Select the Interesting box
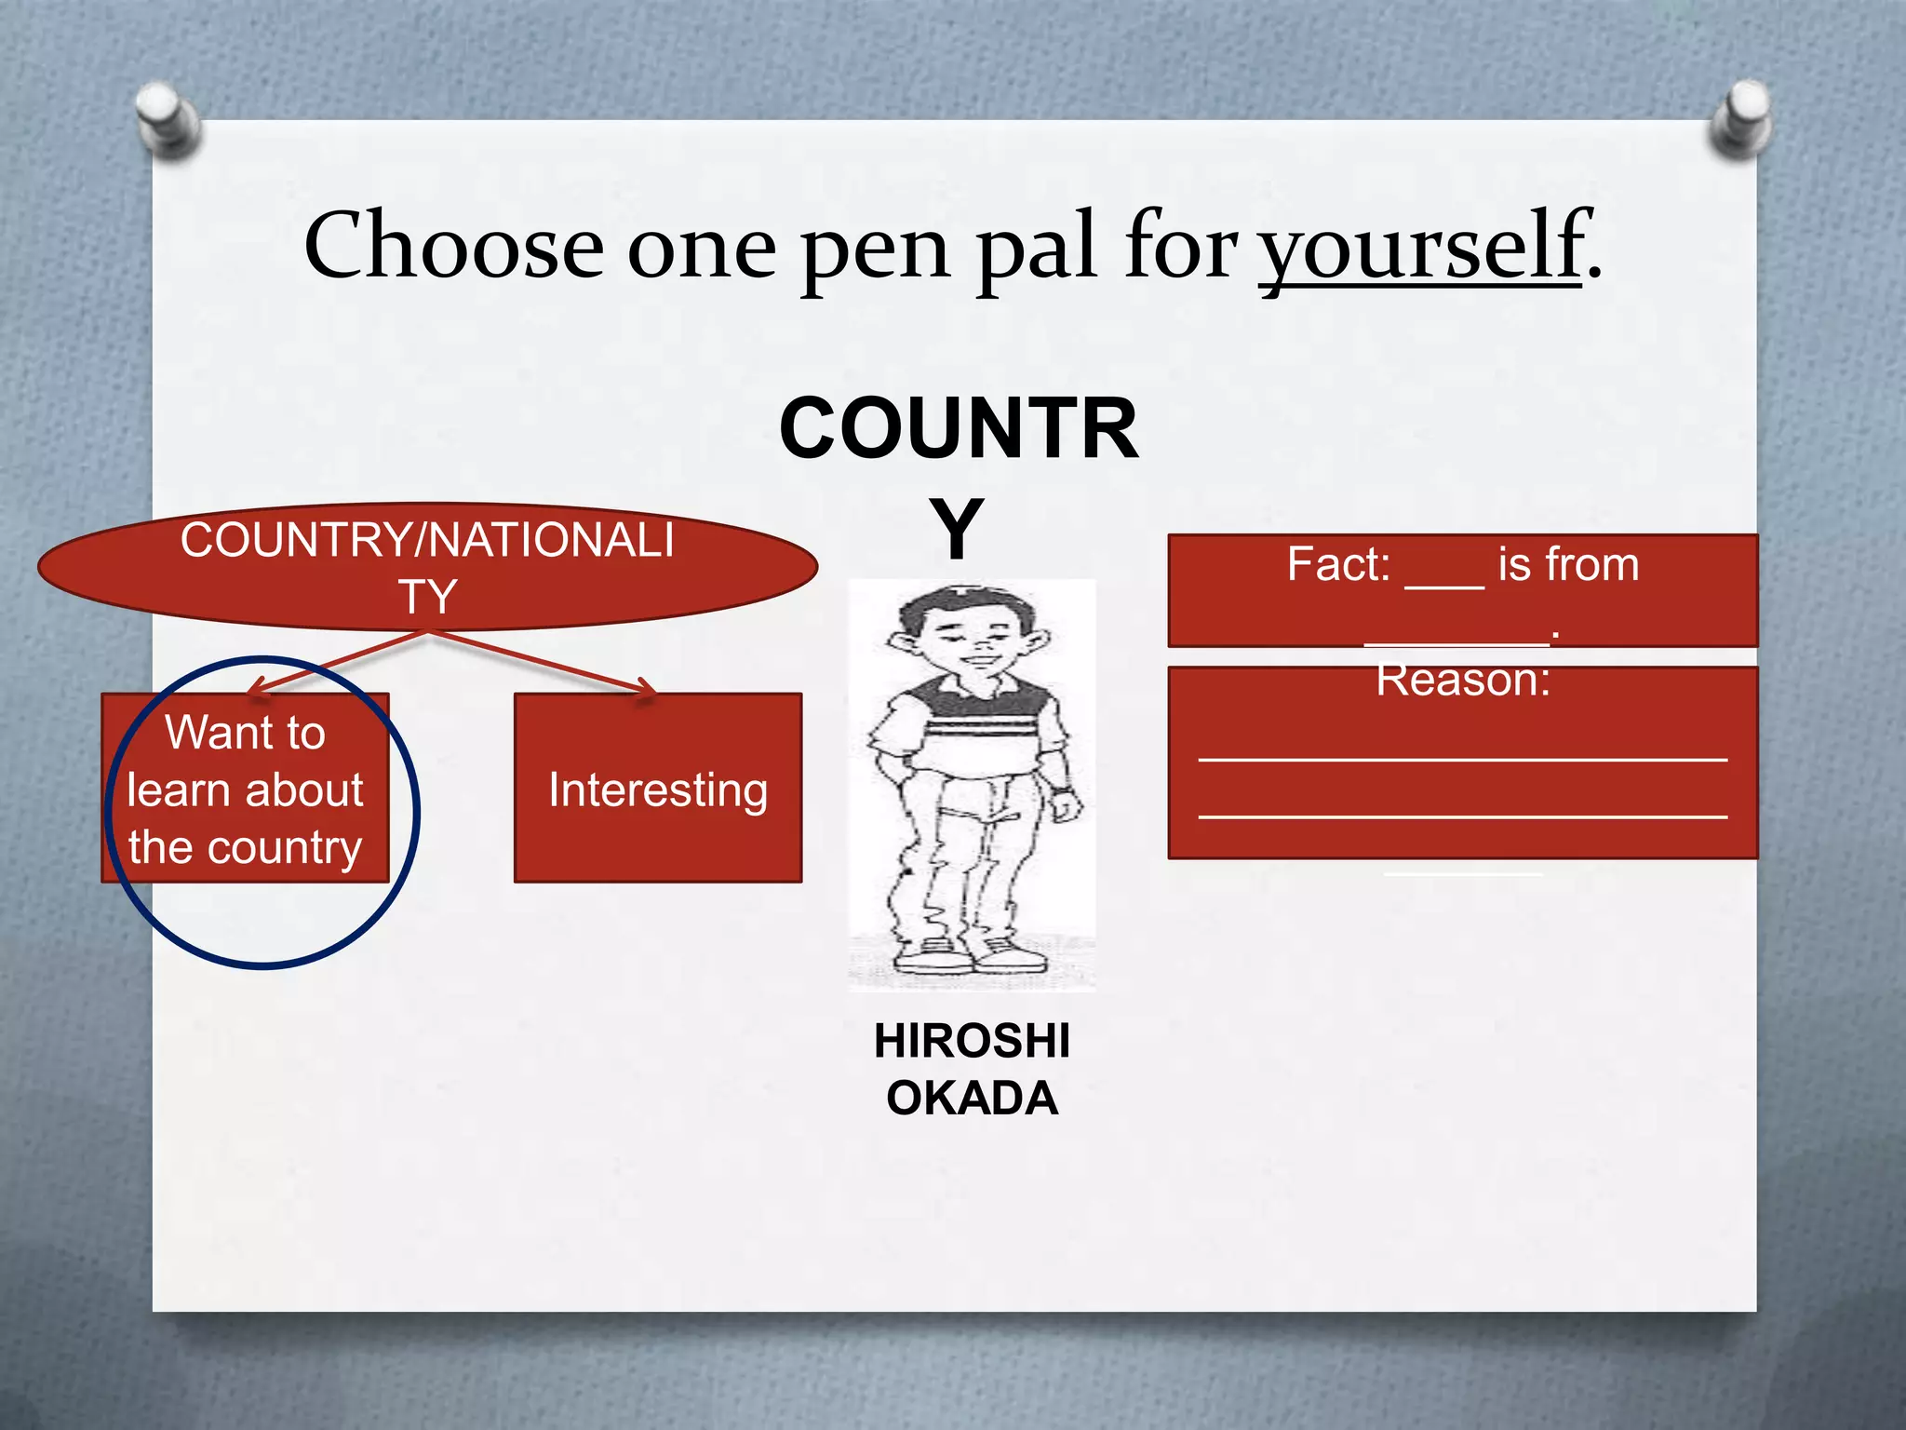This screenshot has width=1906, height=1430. click(x=658, y=789)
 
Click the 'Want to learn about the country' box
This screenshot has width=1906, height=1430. click(x=245, y=789)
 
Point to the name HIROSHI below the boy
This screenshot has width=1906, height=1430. click(x=972, y=1041)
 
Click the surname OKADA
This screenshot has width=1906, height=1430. click(x=972, y=1099)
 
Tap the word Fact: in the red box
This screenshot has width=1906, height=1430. click(x=1338, y=564)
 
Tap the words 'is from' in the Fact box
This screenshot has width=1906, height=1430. click(x=1568, y=564)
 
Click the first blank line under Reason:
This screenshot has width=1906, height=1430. click(x=1462, y=760)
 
